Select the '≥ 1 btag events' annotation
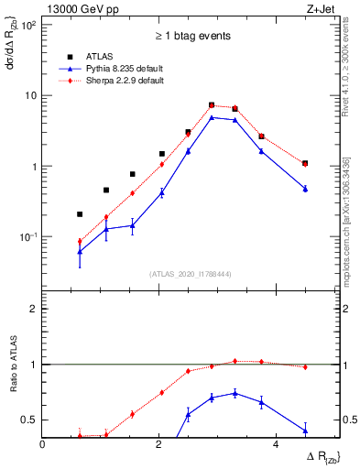coord(191,37)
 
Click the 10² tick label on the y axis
coord(29,25)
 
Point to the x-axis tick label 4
coord(276,444)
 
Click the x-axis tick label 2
coord(159,444)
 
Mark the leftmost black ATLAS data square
coord(80,214)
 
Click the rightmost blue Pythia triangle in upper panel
coord(305,189)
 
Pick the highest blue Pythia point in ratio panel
coord(235,393)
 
